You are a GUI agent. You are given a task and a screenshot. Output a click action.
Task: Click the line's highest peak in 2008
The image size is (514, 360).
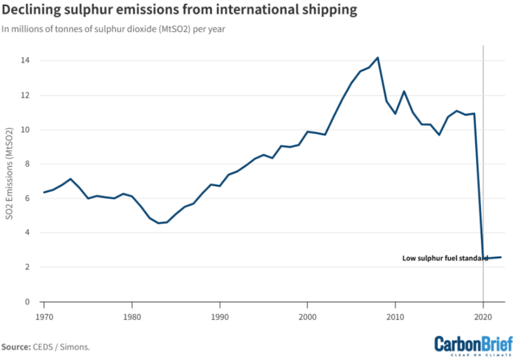(x=378, y=58)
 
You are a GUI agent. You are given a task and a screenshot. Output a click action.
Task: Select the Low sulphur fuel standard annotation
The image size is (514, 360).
(x=445, y=258)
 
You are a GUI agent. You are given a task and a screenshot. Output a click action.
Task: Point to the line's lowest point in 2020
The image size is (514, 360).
(x=483, y=258)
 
